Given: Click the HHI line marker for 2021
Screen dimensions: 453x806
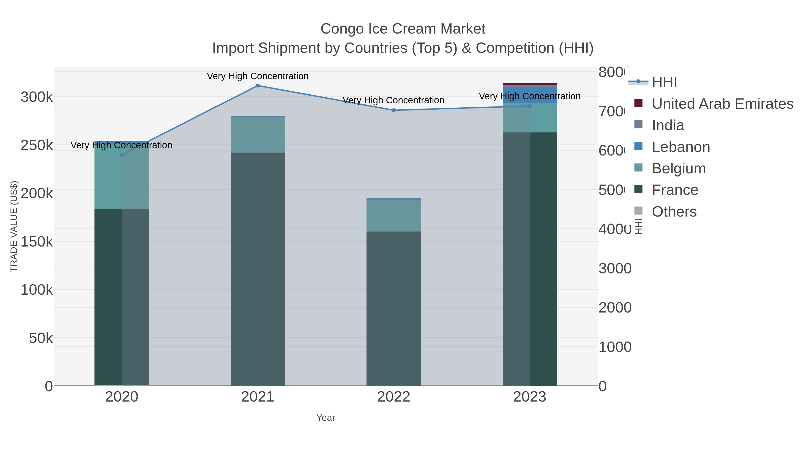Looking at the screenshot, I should point(257,85).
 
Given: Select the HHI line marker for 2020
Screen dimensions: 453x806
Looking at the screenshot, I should point(122,155).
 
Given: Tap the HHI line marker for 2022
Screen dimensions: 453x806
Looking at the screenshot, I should point(394,110).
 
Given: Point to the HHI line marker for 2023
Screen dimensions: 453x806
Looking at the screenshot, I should point(530,106).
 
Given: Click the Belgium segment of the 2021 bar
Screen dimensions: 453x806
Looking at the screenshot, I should point(257,134).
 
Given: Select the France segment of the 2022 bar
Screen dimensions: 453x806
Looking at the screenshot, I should point(394,308).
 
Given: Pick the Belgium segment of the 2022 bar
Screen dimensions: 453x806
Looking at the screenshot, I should point(394,216).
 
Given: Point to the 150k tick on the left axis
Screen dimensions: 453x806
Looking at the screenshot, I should point(37,242).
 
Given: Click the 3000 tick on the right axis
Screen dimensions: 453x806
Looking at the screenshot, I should point(615,268).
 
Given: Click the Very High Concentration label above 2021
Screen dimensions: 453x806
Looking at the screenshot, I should point(257,76).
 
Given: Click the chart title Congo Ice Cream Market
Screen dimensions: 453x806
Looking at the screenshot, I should point(403,29).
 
